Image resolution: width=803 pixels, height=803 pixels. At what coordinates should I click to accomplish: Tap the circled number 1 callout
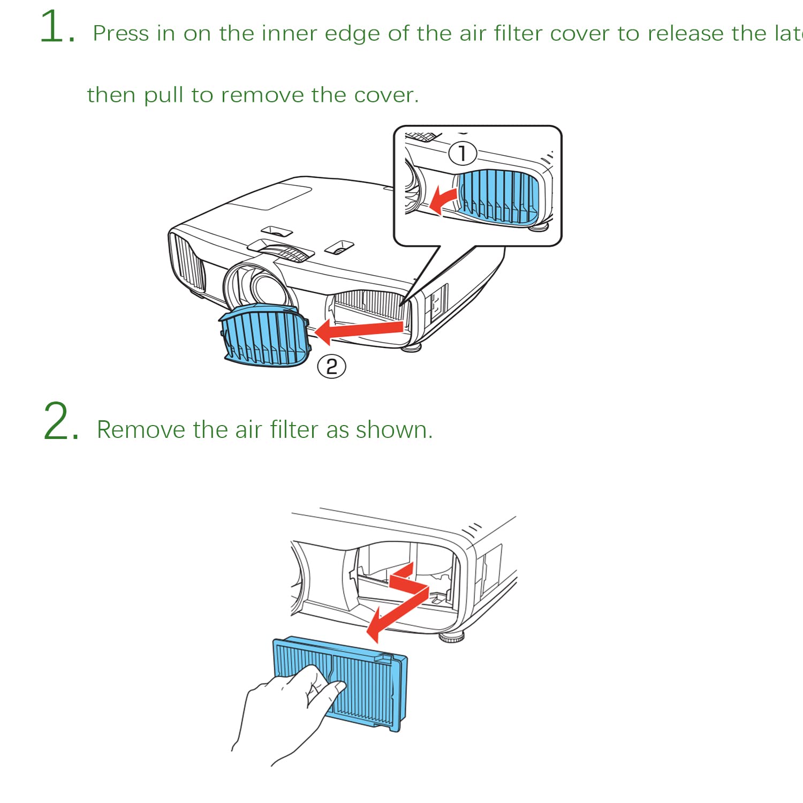click(x=462, y=154)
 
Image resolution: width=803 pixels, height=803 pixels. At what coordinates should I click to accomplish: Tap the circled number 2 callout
click(x=331, y=367)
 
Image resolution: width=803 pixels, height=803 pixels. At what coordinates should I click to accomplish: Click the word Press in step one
click(x=121, y=34)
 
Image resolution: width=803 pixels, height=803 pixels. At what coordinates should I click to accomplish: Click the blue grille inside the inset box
click(x=498, y=195)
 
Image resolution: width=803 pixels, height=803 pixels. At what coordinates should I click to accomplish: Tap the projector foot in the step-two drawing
click(x=451, y=637)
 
